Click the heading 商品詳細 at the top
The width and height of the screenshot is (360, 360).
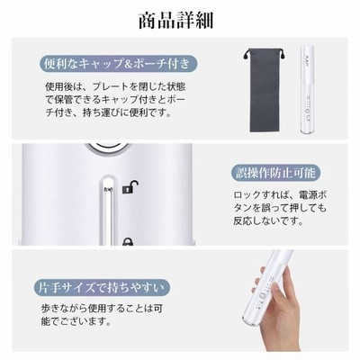(175, 21)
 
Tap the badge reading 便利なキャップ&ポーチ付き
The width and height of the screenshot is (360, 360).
(119, 64)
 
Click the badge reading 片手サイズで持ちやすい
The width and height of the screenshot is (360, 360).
(102, 288)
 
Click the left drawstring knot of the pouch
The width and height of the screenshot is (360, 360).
(247, 55)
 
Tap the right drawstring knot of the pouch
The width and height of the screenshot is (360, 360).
(283, 56)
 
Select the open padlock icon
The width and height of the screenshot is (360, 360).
(130, 186)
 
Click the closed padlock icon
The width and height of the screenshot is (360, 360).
(128, 241)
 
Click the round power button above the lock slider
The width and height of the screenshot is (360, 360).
(107, 148)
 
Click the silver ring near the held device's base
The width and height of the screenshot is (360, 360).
(249, 320)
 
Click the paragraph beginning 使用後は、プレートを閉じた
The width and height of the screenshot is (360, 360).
(115, 100)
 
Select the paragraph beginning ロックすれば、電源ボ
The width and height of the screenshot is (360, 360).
(280, 208)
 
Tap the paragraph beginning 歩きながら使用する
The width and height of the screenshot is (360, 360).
(102, 315)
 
